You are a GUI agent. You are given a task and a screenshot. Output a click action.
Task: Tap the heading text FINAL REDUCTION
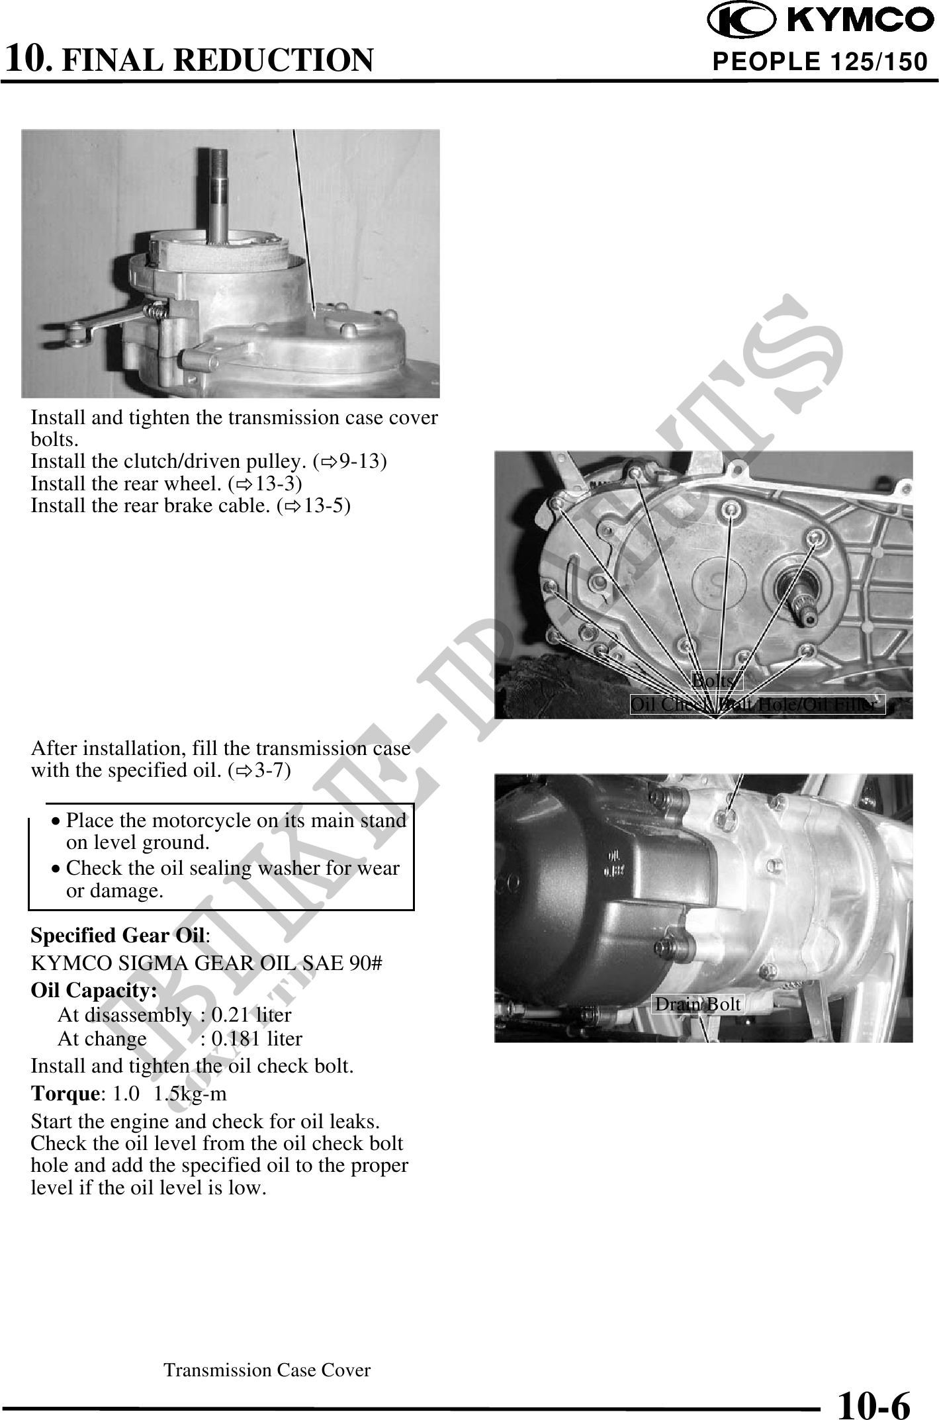tap(218, 60)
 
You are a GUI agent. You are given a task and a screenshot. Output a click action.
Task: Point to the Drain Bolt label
tap(697, 1004)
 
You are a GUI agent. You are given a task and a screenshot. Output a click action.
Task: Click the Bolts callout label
tap(717, 680)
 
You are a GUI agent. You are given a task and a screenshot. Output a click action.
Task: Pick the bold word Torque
tap(65, 1093)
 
